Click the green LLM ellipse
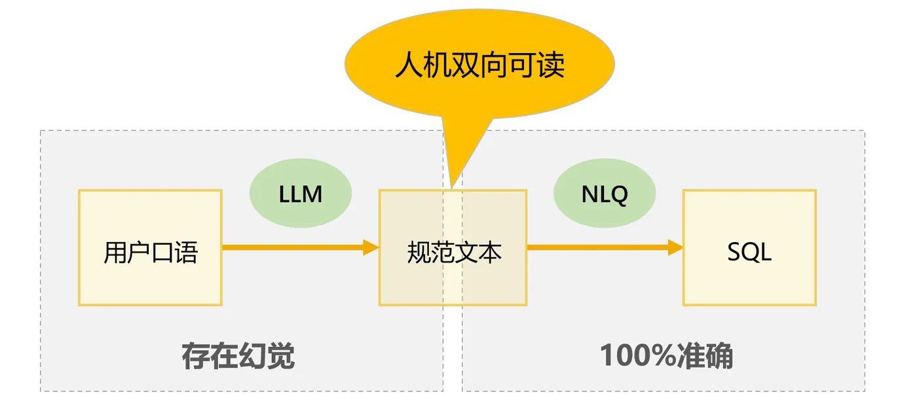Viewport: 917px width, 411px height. tap(301, 193)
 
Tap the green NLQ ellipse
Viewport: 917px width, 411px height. tap(604, 193)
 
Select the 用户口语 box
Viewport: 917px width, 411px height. tap(150, 247)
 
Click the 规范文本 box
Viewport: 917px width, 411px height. tap(453, 247)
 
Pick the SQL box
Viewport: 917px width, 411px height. tap(749, 247)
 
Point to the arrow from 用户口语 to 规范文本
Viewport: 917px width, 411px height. tap(301, 247)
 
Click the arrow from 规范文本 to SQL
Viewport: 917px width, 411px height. tap(605, 247)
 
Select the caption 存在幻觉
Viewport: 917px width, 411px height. tap(238, 356)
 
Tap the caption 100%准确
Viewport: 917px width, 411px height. tap(667, 356)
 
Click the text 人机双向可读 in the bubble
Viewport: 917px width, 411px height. tap(479, 65)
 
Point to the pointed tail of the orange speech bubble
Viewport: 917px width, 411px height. tap(452, 188)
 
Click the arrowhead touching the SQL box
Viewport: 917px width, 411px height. tap(675, 247)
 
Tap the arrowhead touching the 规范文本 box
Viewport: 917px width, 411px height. tap(371, 247)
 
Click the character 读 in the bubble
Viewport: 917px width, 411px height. tap(551, 65)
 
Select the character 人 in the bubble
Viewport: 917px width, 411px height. tap(409, 65)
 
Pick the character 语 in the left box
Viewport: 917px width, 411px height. tap(187, 253)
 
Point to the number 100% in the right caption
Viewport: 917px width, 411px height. tap(638, 355)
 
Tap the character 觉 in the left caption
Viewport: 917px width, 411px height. tap(281, 356)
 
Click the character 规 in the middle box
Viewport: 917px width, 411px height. tap(419, 253)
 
